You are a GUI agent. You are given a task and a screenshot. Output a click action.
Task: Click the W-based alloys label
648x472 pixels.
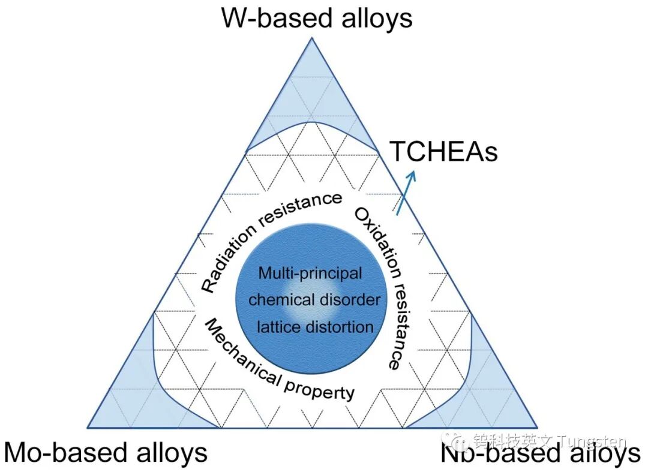pos(317,18)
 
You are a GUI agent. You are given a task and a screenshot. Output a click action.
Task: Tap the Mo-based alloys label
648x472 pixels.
pos(106,452)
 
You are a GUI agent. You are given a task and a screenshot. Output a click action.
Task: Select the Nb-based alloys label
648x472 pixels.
pos(540,454)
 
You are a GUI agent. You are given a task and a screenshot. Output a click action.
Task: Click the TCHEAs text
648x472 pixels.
pos(444,152)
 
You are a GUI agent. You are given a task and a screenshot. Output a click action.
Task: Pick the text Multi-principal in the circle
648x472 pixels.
pos(310,273)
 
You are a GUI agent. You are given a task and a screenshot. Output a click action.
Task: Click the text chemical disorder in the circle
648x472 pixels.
pos(314,299)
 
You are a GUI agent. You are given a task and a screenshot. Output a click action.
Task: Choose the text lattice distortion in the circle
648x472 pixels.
pos(315,327)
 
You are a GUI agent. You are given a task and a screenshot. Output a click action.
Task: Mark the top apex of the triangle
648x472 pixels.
pos(312,38)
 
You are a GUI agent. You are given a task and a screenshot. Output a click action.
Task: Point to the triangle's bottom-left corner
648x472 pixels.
pos(88,427)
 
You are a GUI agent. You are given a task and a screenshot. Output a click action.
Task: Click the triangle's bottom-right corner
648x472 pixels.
pos(536,427)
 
